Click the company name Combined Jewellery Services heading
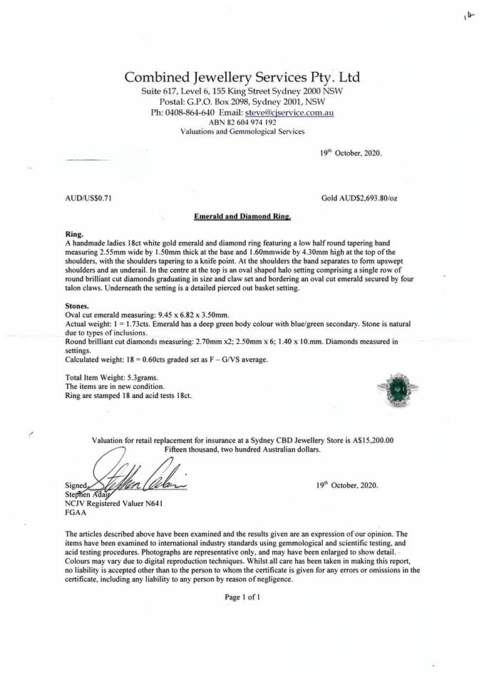(242, 77)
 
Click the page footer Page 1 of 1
(242, 597)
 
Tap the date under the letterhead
(351, 152)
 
